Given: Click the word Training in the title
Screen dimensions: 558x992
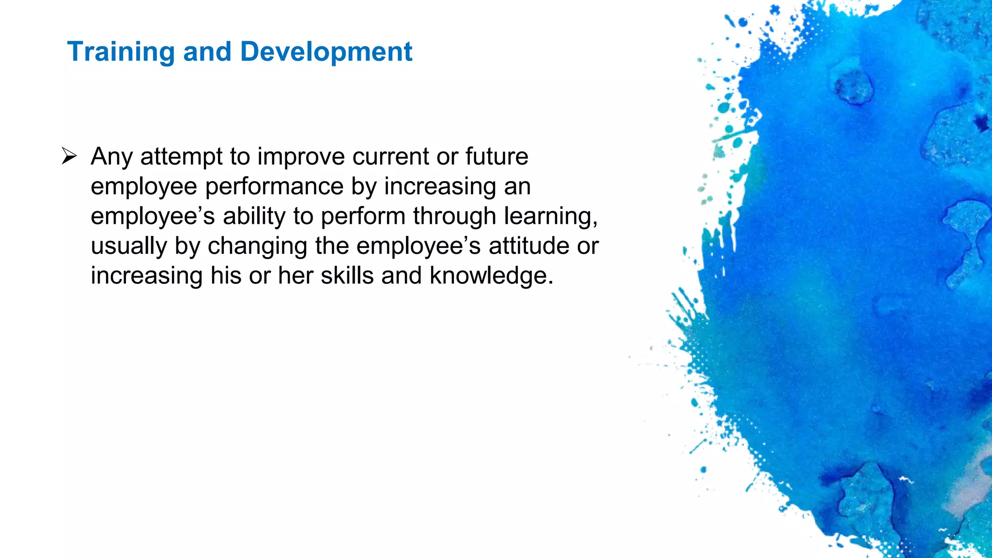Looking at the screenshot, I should [121, 52].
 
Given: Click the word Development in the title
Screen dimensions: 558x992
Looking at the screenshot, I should [326, 52].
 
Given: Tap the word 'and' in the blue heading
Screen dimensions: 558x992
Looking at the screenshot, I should [207, 52].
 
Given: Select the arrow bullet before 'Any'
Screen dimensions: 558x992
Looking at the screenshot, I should [69, 156].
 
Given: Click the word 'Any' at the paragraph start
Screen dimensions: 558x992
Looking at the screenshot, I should [111, 157].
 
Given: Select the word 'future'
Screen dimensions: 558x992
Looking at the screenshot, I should [496, 157].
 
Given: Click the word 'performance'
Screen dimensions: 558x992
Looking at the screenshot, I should [274, 187].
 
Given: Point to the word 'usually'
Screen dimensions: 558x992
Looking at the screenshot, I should [129, 247].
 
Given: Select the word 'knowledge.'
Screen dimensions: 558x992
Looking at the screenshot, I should [491, 276].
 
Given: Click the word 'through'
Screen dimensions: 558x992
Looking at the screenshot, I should [454, 217].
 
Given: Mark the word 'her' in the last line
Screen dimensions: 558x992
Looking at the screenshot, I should [295, 276].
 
